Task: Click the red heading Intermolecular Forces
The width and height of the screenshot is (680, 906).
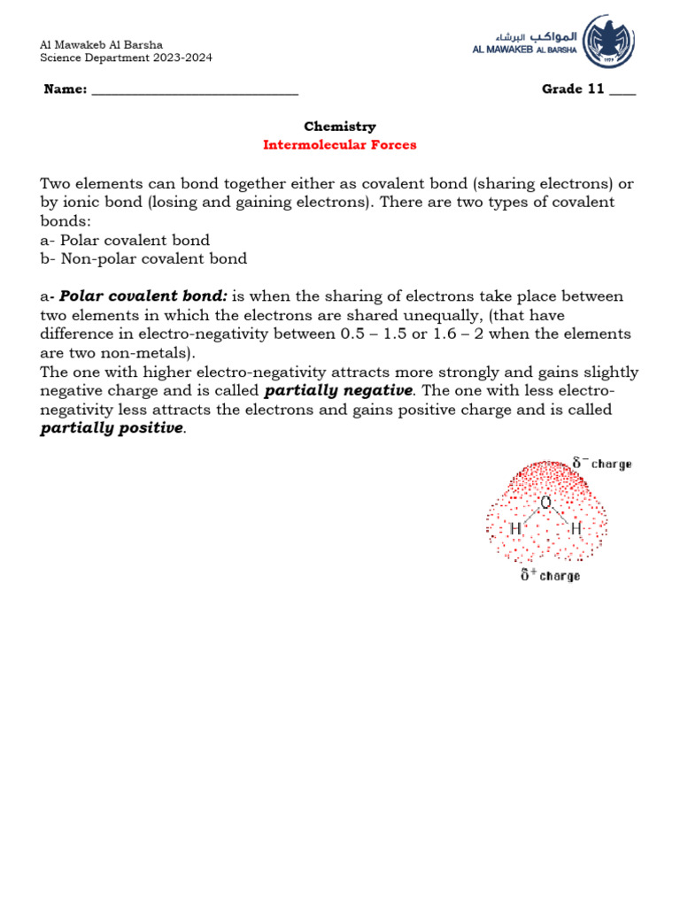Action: (x=340, y=145)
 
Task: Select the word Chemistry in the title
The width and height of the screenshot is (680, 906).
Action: (x=340, y=127)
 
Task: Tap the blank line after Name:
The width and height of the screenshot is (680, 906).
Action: (x=195, y=90)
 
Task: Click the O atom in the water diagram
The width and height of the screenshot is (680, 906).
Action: (x=545, y=503)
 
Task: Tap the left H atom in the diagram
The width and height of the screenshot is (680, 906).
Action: (x=515, y=529)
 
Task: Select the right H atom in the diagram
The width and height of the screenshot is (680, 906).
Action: (x=576, y=529)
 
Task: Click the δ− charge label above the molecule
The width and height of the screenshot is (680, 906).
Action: (x=601, y=464)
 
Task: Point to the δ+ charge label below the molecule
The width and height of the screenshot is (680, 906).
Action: (x=550, y=576)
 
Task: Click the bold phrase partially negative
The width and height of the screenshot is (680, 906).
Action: (x=338, y=391)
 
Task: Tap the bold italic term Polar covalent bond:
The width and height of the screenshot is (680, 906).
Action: (x=143, y=296)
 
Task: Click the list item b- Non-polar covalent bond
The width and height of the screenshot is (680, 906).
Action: (x=143, y=259)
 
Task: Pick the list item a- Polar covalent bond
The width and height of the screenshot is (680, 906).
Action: (x=125, y=241)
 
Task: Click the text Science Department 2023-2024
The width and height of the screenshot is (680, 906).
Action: (x=127, y=58)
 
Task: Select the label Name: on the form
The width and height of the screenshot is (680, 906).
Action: (x=65, y=90)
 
